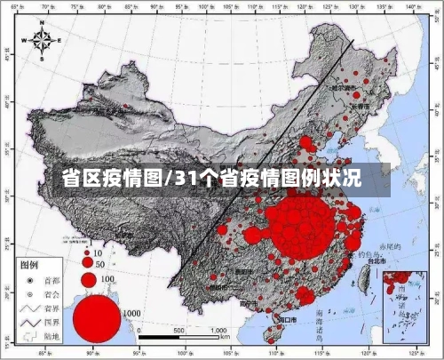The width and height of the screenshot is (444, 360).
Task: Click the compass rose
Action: pos(44,41)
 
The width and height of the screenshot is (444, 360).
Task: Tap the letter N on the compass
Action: pos(44,26)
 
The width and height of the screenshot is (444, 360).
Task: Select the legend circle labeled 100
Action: pos(88,279)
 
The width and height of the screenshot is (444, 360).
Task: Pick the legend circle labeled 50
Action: pos(87,263)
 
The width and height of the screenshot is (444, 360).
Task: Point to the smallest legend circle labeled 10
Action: pos(86,252)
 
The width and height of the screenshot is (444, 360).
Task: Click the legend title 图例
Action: pos(29,265)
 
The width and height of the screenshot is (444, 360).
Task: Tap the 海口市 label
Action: pos(288,318)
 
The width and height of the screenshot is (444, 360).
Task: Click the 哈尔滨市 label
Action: pos(348,88)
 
